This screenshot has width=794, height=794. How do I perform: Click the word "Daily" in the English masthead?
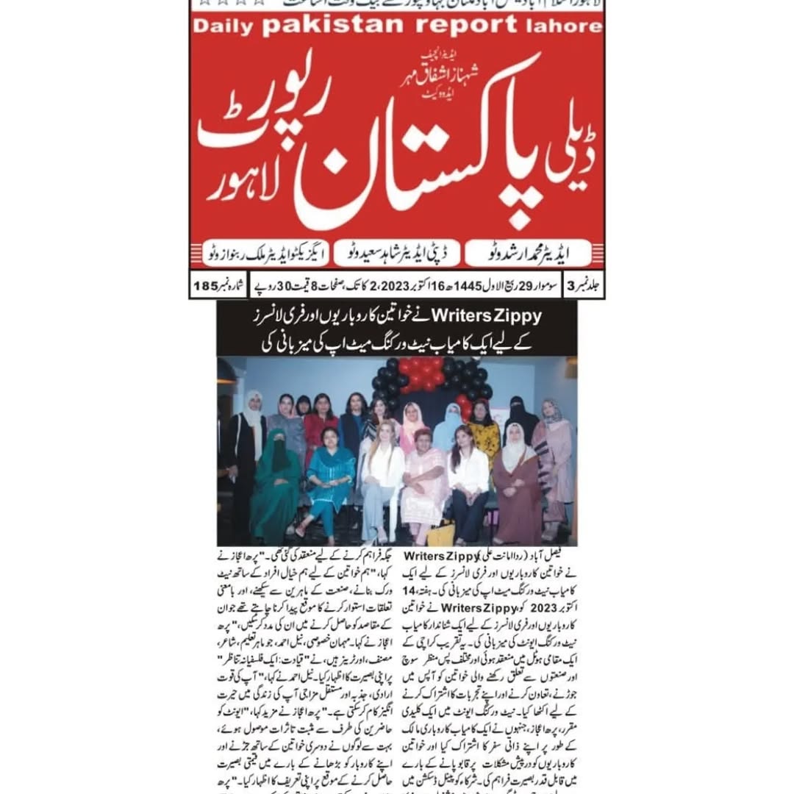click(x=223, y=26)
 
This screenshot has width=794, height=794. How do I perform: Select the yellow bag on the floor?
click(x=441, y=532)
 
